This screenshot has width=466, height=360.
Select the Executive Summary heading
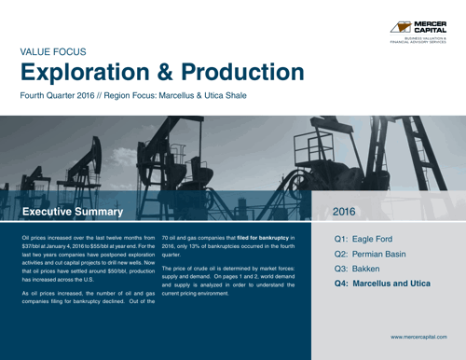(72, 212)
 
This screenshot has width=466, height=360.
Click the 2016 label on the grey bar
(344, 212)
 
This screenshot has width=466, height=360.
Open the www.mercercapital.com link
(418, 334)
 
